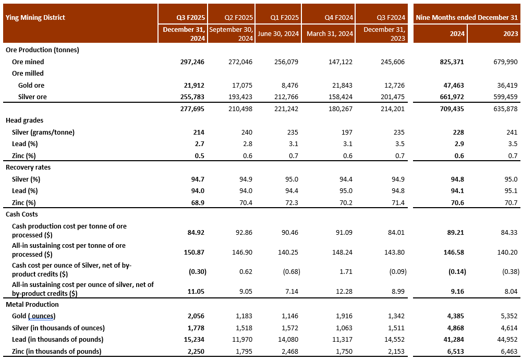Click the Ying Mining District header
click(35, 17)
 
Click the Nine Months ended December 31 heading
click(467, 17)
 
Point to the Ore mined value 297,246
click(191, 62)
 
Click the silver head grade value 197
click(347, 132)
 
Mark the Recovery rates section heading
click(28, 167)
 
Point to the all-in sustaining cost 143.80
click(394, 250)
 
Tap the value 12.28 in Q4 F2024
click(344, 290)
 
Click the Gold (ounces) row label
click(33, 316)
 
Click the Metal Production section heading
click(32, 304)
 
